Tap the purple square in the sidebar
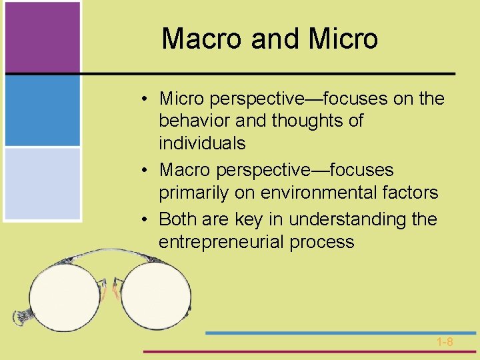42,37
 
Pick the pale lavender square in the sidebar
42,183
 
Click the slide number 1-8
445,342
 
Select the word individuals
202,143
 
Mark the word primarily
192,193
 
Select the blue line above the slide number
340,332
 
